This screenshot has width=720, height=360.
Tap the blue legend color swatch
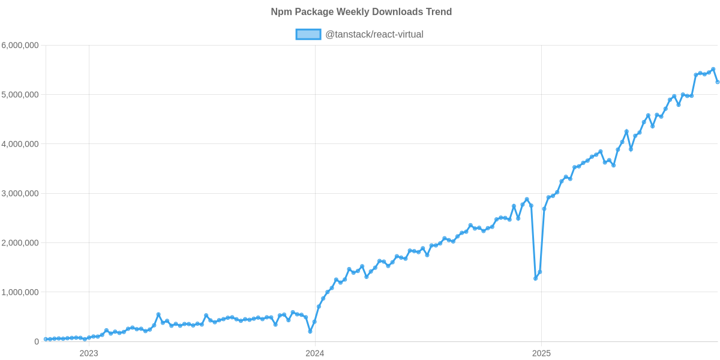[x=308, y=35]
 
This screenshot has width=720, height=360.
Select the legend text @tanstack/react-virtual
[x=374, y=35]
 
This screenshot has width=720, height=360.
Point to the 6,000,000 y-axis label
[x=20, y=46]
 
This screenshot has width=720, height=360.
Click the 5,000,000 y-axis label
[x=20, y=95]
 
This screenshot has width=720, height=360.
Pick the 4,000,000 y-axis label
[x=20, y=144]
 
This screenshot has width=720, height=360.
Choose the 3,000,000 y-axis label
[x=20, y=194]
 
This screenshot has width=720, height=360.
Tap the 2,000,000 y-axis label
[x=20, y=243]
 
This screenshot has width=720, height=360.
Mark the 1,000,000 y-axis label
[x=20, y=292]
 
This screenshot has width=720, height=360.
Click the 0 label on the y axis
[x=37, y=342]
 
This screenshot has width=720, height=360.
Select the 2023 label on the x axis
[x=89, y=353]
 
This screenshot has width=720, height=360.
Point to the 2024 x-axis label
[x=314, y=353]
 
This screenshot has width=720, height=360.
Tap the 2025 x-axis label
[x=541, y=353]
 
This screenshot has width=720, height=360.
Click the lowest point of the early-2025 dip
[x=535, y=278]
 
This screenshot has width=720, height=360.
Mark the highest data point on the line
[x=713, y=69]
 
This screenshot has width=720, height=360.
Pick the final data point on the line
[x=718, y=82]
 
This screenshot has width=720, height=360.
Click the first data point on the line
[x=45, y=339]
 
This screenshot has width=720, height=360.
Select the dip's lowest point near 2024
[x=310, y=331]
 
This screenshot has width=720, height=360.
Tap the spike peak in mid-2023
[x=158, y=314]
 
